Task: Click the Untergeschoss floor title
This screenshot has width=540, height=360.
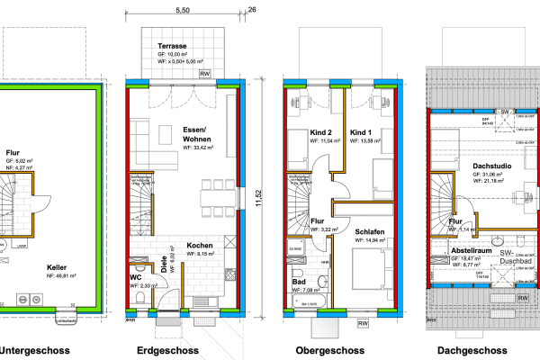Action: (32, 351)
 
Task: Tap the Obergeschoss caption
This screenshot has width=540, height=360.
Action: (329, 351)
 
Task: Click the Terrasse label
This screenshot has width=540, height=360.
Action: (174, 44)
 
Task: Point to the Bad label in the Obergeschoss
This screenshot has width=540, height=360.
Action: (298, 282)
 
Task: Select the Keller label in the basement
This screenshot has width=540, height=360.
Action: (59, 267)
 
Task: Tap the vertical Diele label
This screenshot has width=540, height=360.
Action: (164, 266)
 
